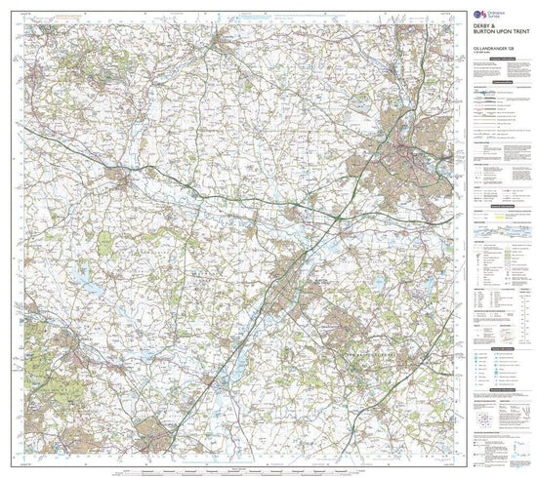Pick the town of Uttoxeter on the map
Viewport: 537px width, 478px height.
(121, 178)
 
